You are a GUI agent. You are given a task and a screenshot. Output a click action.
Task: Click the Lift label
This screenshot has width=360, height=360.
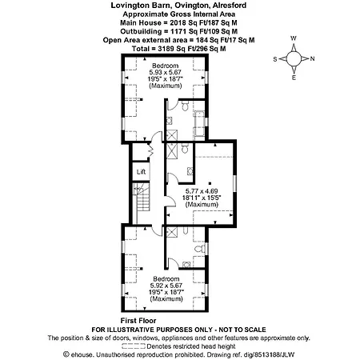[141, 172]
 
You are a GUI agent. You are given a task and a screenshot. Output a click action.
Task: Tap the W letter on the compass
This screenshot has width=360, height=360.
[294, 38]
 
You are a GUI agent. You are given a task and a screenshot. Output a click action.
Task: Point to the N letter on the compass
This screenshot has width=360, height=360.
[312, 58]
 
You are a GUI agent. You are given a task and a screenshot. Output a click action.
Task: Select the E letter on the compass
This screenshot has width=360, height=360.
[294, 78]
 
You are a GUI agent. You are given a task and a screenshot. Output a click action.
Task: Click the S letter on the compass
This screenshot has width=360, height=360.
[275, 59]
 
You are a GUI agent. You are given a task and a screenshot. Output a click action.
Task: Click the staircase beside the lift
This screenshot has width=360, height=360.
[142, 203]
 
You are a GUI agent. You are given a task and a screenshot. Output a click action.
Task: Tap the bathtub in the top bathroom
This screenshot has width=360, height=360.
[199, 124]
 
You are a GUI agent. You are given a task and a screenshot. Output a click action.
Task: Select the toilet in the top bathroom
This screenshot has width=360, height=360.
[185, 106]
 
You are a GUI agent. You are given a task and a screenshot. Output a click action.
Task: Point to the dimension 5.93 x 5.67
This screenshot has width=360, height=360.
[165, 72]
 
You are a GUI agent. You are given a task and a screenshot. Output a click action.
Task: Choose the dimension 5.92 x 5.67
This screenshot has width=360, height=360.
[166, 286]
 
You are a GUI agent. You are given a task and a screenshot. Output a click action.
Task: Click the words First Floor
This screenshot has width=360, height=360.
[138, 321]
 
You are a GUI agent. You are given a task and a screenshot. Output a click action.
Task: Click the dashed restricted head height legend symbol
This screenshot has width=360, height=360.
[134, 346]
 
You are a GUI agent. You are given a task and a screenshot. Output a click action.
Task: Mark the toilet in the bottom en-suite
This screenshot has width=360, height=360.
[200, 249]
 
